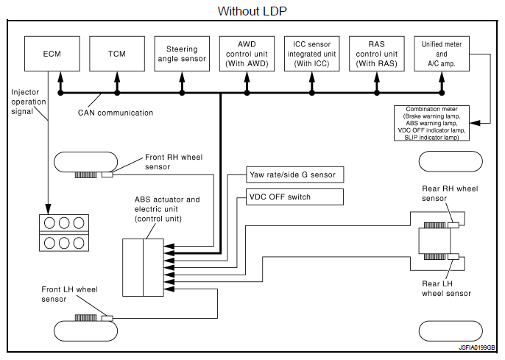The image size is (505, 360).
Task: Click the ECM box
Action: tap(52, 54)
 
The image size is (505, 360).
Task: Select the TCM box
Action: tap(117, 54)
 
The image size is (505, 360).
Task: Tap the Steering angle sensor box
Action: tap(181, 54)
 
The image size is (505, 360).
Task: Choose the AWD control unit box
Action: tap(247, 54)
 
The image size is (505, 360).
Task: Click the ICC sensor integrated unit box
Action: tap(311, 54)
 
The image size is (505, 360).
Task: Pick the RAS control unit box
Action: tap(376, 54)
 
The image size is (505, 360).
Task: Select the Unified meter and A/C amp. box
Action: tap(441, 54)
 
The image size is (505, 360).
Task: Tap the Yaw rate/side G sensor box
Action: tap(294, 174)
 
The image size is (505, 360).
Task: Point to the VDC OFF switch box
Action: tap(294, 197)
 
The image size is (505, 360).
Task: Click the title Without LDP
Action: tap(252, 11)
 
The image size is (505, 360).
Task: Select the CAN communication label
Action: tap(116, 113)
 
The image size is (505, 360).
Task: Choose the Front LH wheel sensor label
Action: tap(69, 294)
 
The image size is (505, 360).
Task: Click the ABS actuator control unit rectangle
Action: tap(143, 267)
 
